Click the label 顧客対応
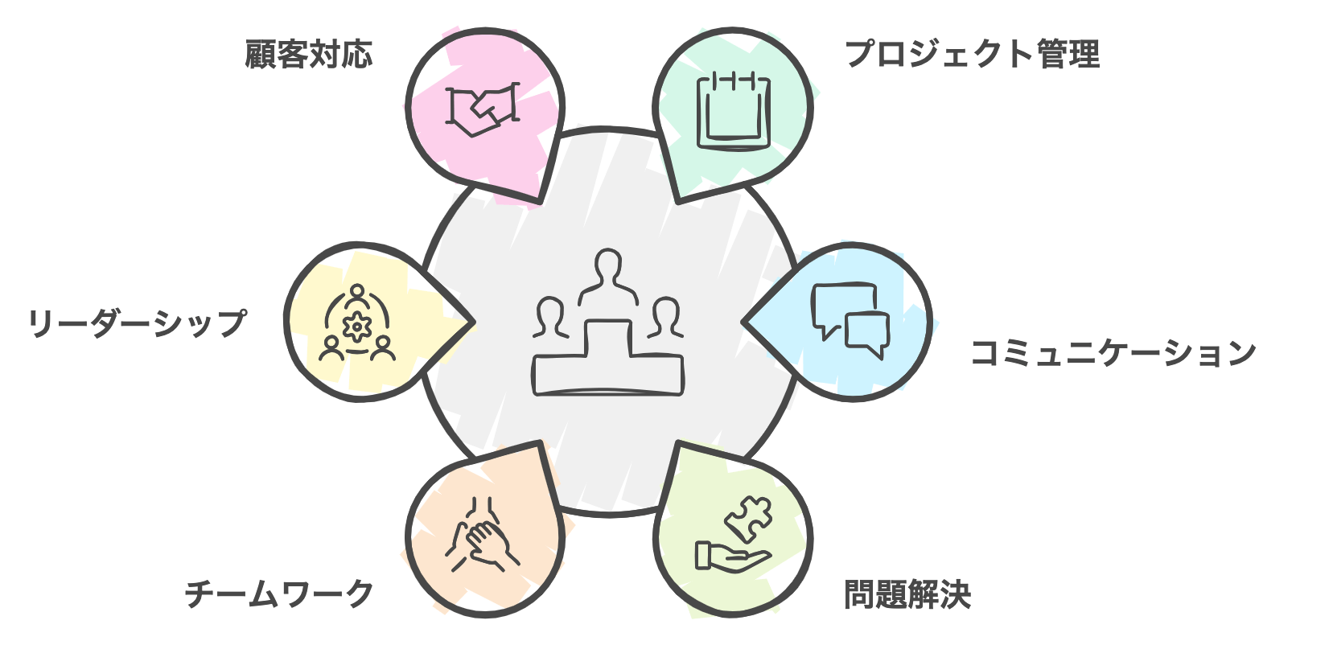pos(309,55)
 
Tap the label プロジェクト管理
pos(973,54)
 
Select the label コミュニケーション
pos(1113,352)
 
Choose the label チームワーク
pos(279,594)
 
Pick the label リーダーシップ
pos(138,323)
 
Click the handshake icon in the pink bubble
pos(483,109)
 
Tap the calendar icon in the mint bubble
pos(733,111)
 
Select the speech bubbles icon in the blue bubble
pos(850,320)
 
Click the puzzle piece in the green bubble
pos(749,519)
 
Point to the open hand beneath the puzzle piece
pos(733,558)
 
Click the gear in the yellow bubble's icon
pos(357,326)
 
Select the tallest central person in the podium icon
pos(607,277)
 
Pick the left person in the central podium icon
pos(550,318)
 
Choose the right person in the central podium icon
pos(665,318)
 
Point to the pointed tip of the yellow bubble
pos(474,322)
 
